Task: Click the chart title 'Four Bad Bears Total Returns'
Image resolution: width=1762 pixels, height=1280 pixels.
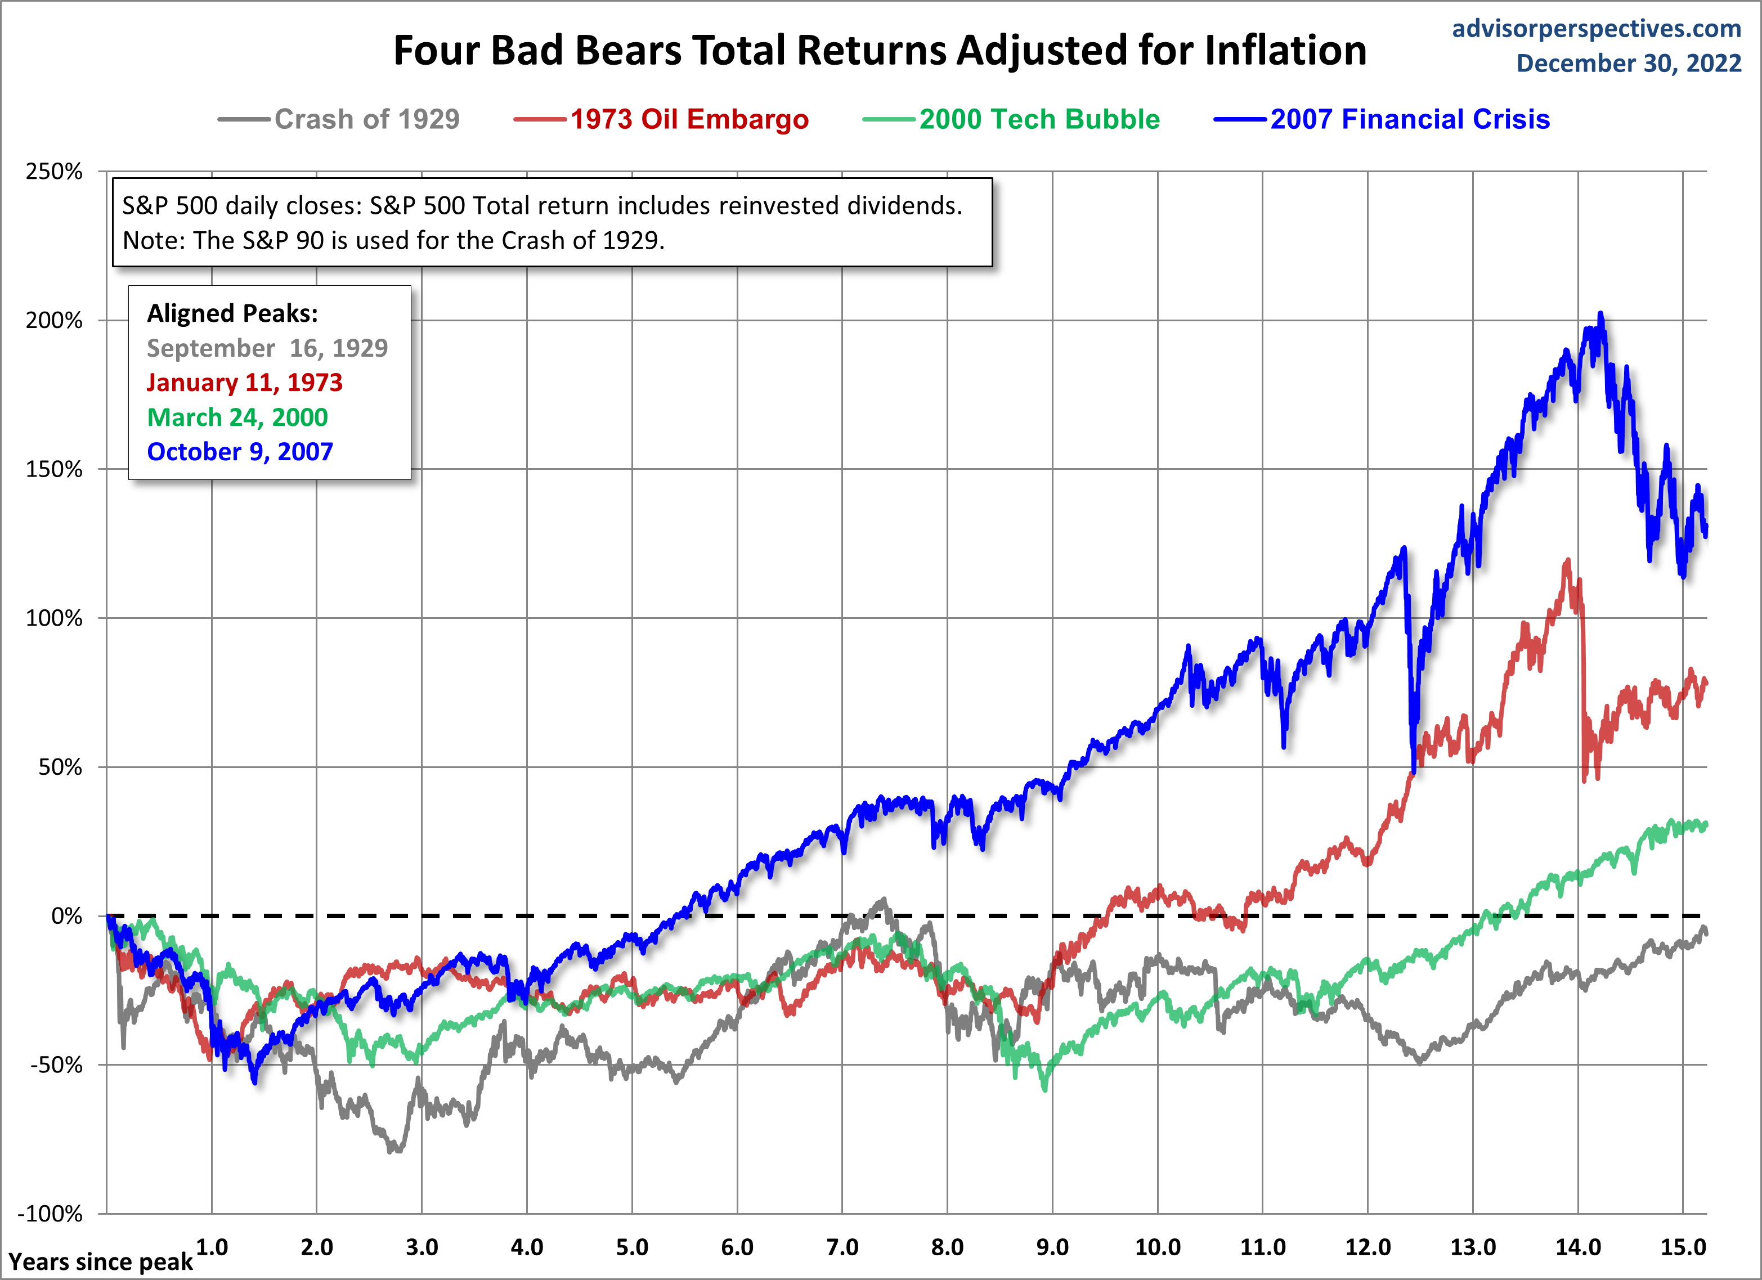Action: (880, 51)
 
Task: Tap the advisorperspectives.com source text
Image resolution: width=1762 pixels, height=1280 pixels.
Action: (1596, 29)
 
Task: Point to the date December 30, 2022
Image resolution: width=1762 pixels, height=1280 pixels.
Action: (1629, 64)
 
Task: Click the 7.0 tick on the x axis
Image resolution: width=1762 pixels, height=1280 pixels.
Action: (842, 1247)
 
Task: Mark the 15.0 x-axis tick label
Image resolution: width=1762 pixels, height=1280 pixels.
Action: (1683, 1247)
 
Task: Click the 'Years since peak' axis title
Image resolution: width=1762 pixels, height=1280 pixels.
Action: (100, 1262)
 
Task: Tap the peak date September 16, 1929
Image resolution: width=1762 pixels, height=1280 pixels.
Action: (267, 348)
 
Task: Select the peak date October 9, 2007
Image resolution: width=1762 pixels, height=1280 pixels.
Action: (240, 451)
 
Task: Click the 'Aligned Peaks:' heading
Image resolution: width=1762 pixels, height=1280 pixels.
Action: (232, 313)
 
